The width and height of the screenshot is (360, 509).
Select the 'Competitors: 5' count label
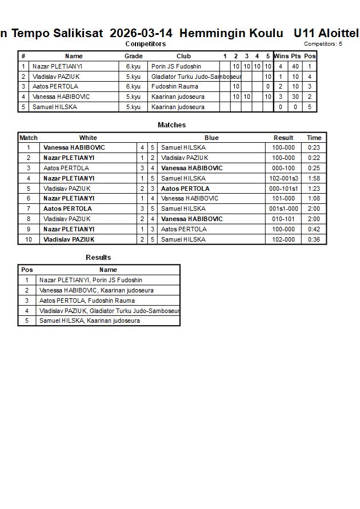[323, 44]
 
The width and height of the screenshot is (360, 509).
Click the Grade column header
[133, 56]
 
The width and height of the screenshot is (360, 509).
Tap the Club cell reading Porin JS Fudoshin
[176, 66]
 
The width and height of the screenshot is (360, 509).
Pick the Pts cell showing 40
[295, 66]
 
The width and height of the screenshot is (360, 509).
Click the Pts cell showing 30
[295, 97]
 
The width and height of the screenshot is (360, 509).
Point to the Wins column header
[281, 56]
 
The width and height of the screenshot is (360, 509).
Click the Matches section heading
[171, 125]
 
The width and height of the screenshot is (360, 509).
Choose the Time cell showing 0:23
[314, 147]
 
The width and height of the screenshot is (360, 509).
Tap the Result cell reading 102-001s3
[283, 178]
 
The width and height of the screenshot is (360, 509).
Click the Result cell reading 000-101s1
[283, 189]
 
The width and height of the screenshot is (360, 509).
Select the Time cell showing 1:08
[314, 198]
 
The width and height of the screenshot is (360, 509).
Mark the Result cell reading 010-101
[283, 219]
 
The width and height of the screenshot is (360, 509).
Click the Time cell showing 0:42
[314, 229]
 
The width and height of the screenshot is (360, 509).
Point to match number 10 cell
[29, 239]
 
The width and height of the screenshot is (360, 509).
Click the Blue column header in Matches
[211, 138]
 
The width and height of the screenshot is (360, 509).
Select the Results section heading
[98, 258]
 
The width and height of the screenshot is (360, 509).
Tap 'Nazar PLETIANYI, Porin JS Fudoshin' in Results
[90, 280]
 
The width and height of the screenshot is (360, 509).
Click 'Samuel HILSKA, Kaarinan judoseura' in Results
[89, 320]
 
